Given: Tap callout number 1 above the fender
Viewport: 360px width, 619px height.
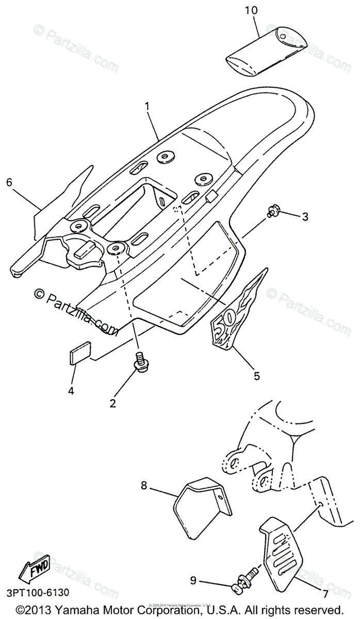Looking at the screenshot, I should (x=148, y=107).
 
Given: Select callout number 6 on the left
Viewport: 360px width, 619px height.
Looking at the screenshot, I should (x=9, y=182).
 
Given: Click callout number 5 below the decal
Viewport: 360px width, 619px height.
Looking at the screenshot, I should (x=256, y=376).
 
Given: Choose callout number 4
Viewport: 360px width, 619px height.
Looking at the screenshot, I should (x=71, y=390).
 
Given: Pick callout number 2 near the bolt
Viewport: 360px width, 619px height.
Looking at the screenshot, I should (x=113, y=403).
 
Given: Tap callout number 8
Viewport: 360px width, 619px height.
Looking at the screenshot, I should (x=144, y=485).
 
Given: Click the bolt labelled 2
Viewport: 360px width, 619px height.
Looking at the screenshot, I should (x=140, y=361).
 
